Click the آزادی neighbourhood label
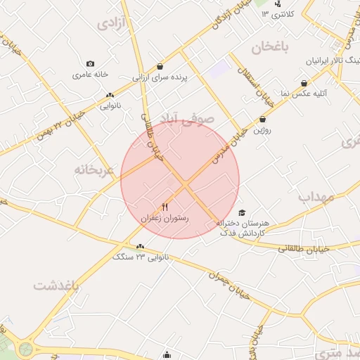pos(110,23)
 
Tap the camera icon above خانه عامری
pos(90,64)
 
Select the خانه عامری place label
pos(89,74)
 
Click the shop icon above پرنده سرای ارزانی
pos(160,66)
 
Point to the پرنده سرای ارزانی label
pos(162,77)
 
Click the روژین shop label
pos(262,130)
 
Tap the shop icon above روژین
pos(263,120)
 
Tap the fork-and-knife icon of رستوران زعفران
pos(165,207)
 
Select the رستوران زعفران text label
pos(166,219)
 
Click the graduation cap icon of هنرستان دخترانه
pos(242,213)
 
